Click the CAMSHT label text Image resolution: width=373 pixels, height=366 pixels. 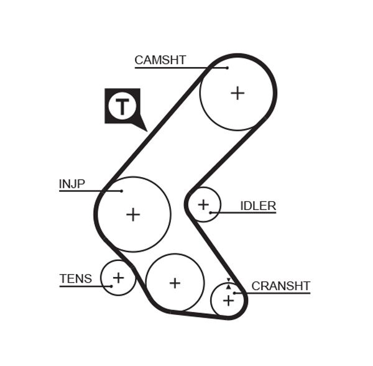tap(160, 60)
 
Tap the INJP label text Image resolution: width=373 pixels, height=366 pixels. tap(71, 184)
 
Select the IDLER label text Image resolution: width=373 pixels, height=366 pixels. tap(258, 206)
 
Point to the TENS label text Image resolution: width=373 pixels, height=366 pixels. tap(75, 279)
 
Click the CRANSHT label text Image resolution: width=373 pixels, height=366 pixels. tap(280, 286)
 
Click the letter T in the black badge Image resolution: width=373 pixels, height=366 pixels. tap(122, 106)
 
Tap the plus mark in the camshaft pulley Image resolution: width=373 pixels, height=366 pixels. tap(237, 93)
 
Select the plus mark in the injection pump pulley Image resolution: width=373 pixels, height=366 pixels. tap(133, 214)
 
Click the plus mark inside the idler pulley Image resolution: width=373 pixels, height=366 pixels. tap(203, 204)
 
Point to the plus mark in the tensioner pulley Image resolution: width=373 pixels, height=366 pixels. tap(118, 277)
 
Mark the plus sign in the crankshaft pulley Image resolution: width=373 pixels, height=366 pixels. tap(228, 301)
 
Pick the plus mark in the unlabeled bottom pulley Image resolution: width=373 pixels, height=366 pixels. tap(175, 283)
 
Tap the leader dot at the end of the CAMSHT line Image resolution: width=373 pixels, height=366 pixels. tap(228, 67)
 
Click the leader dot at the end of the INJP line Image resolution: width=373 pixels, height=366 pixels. tap(122, 191)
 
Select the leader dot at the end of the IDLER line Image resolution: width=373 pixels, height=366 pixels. tap(211, 213)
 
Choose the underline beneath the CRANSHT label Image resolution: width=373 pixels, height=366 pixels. tap(274, 293)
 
